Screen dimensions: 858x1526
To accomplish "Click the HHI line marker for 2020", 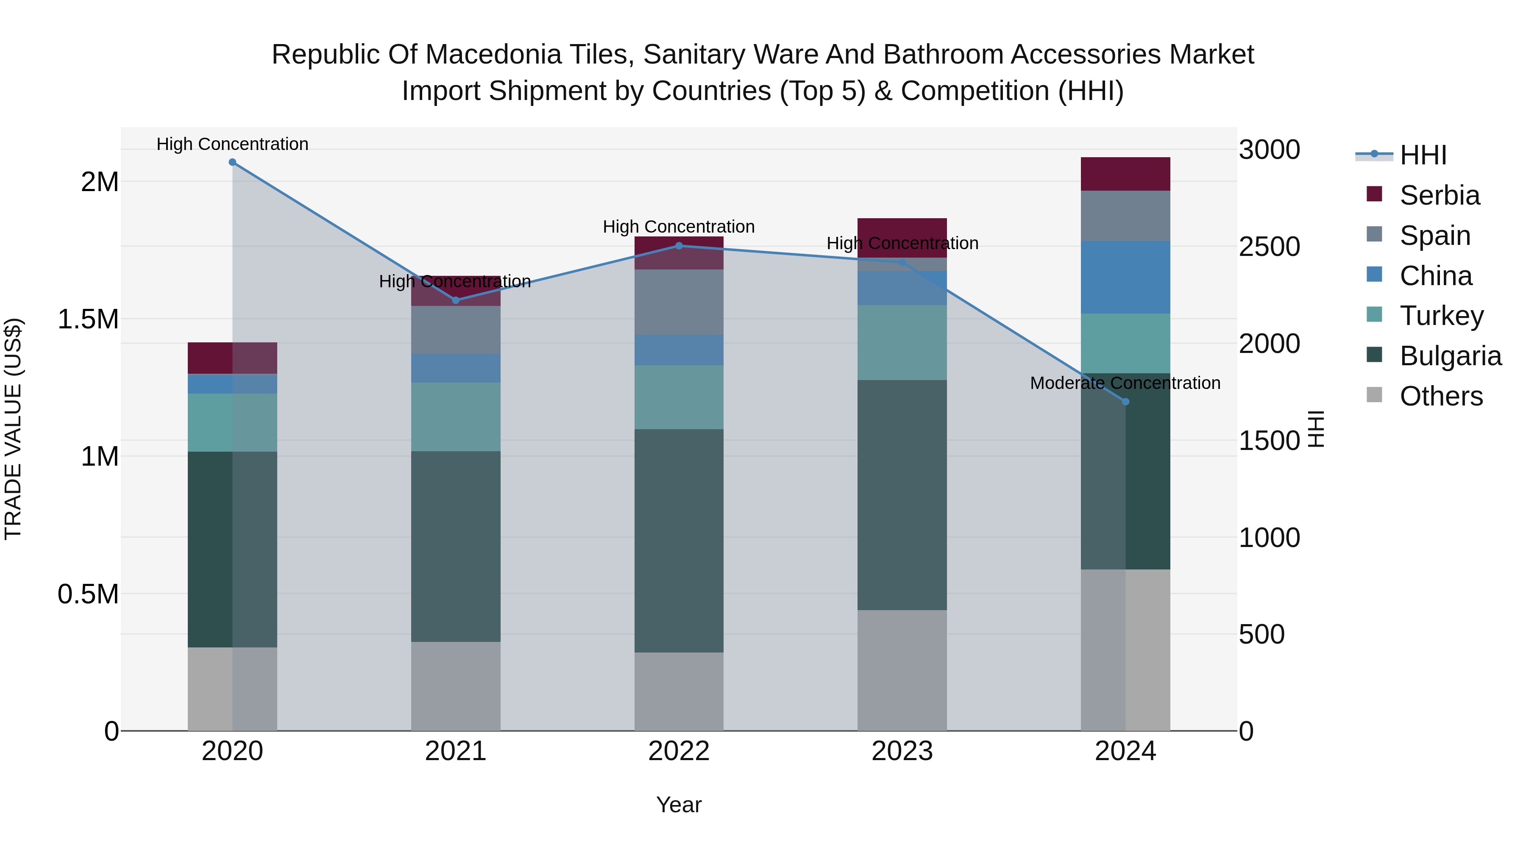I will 232,162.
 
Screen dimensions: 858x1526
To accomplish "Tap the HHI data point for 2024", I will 1125,402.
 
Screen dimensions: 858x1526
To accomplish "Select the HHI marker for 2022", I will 679,246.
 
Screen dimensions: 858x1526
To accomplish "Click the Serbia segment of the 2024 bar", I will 1125,174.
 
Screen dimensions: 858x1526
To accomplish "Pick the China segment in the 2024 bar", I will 1125,277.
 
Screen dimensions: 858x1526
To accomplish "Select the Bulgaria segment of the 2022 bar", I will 679,540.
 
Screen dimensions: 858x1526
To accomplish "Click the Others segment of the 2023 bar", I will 902,670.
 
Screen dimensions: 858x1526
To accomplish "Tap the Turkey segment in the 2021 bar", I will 456,417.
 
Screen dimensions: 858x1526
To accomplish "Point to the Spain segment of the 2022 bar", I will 679,302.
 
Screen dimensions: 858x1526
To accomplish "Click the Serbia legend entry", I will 1440,195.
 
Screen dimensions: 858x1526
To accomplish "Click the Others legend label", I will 1441,396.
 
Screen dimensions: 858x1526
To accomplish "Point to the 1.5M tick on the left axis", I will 88,319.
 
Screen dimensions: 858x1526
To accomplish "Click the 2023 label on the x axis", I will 902,751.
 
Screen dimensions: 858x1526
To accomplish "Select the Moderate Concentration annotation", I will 1125,383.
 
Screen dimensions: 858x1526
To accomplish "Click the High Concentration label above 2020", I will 232,144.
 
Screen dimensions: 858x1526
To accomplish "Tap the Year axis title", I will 679,805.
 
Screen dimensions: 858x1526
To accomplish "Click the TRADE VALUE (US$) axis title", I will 13,429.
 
